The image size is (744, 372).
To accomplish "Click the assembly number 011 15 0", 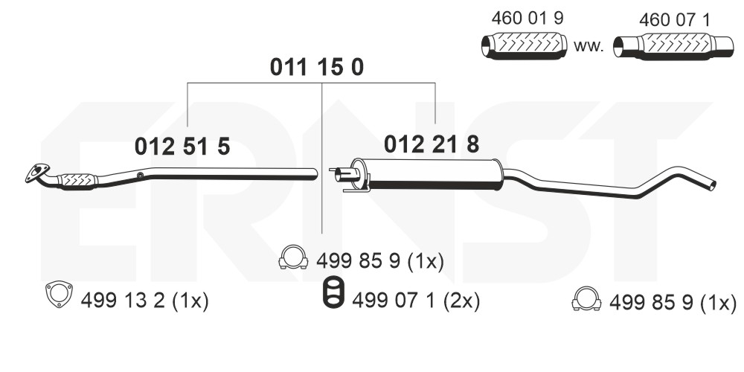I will (316, 68).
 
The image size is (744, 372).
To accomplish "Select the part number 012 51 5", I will (182, 147).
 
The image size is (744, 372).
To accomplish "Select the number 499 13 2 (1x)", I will (141, 301).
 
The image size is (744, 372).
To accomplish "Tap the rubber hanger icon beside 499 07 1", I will (333, 293).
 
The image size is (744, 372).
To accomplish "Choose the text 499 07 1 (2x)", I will (415, 301).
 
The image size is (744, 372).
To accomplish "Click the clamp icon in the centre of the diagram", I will (293, 257).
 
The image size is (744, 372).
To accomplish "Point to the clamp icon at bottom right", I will (586, 299).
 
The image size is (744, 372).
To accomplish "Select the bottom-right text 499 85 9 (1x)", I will (673, 302).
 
